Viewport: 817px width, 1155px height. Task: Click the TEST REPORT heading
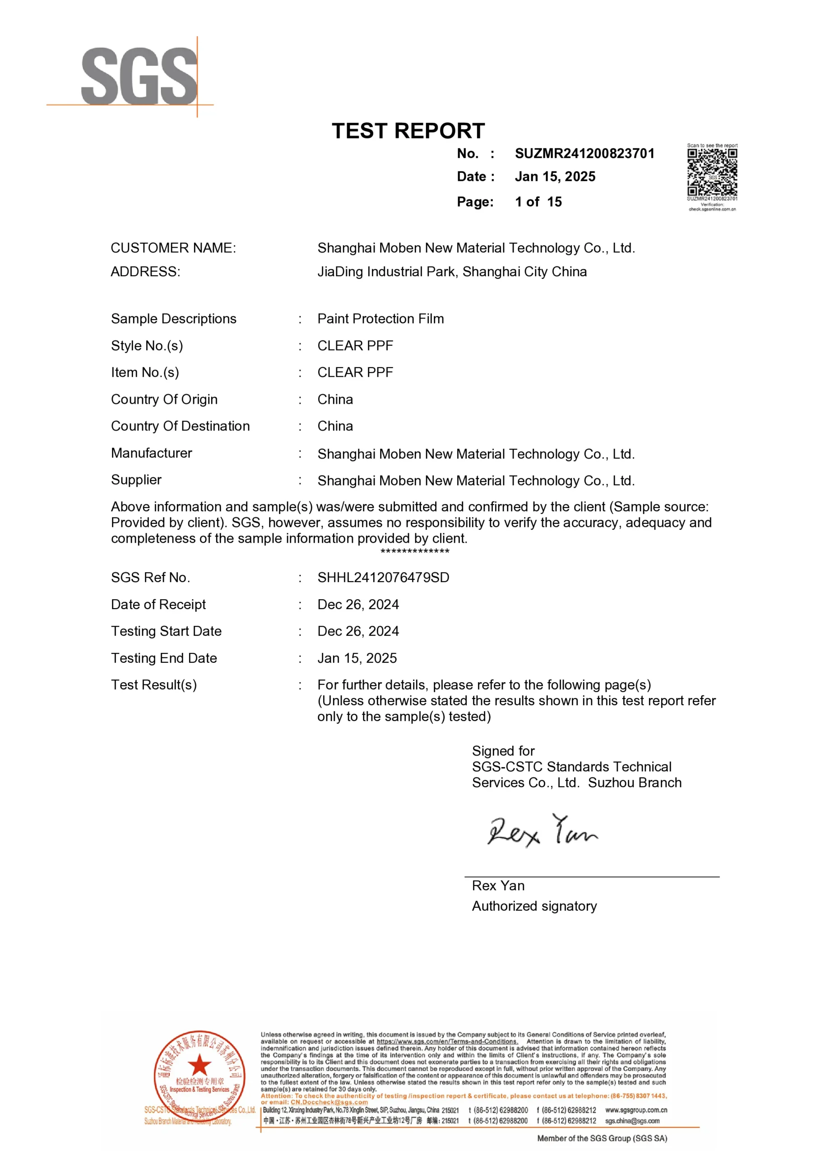[408, 131]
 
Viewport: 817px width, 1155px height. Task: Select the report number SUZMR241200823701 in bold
[585, 153]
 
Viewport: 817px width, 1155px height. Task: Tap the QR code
[712, 172]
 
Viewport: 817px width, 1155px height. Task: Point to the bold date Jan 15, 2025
[555, 177]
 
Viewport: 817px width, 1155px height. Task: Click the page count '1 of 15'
[538, 202]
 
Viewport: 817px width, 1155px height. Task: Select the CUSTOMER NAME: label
[173, 248]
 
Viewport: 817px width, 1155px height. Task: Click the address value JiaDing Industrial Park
[451, 272]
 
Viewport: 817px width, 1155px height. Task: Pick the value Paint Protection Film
[381, 319]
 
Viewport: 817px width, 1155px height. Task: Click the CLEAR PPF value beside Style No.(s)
[355, 346]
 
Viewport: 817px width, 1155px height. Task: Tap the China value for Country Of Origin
[335, 399]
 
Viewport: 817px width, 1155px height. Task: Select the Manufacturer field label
[152, 453]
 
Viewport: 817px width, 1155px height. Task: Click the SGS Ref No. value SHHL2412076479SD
[383, 577]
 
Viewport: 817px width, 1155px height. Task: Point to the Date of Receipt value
[358, 605]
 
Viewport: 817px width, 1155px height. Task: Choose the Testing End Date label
[164, 659]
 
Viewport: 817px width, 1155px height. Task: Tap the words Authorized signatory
[534, 906]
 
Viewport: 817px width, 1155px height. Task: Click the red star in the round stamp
[200, 1064]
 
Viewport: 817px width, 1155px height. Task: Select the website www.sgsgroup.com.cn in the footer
[636, 1110]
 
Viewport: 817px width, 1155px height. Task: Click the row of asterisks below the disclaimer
[415, 552]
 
